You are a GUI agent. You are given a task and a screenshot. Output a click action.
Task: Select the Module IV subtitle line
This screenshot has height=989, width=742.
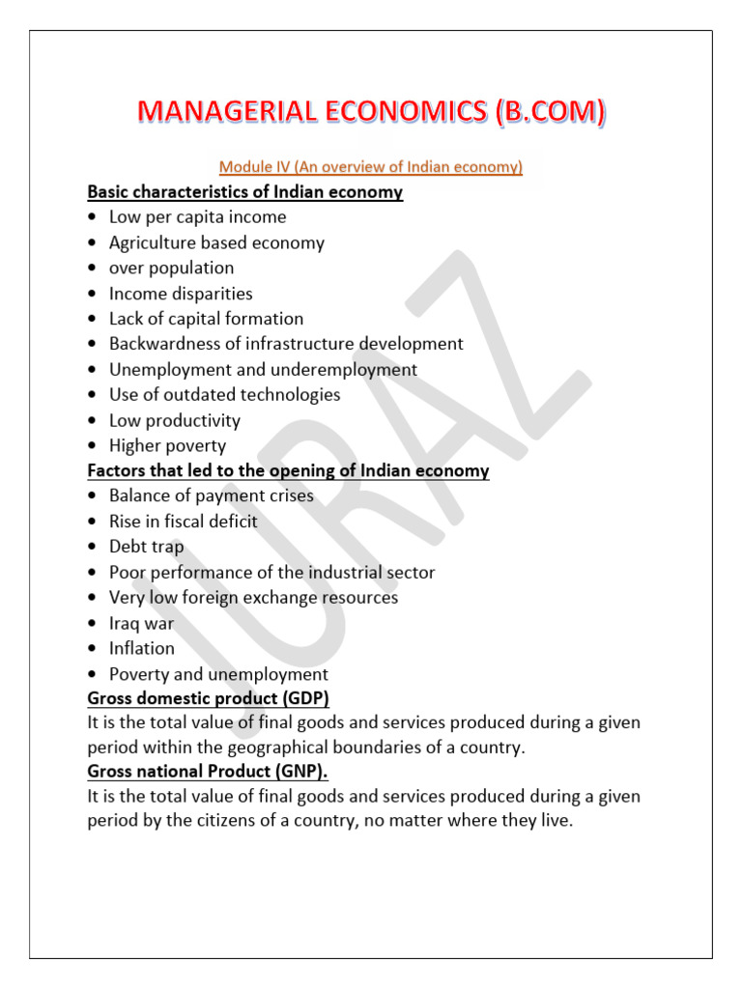[371, 167]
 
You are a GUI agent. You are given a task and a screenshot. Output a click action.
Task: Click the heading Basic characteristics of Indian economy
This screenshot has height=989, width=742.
[244, 192]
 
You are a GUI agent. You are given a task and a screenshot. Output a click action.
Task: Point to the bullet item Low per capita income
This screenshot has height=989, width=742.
[197, 217]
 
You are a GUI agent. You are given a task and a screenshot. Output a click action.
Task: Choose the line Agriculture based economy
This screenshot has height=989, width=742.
[216, 242]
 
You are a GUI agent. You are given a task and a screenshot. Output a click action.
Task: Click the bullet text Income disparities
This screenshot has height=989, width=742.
[181, 294]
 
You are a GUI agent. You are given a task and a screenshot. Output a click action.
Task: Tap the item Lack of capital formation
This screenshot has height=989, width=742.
[206, 319]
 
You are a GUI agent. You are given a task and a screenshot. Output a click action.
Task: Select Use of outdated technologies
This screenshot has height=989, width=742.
[224, 395]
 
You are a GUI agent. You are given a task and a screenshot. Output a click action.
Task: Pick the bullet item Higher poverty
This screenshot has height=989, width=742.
[167, 446]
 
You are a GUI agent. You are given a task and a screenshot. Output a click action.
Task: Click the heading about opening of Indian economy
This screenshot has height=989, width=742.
[288, 471]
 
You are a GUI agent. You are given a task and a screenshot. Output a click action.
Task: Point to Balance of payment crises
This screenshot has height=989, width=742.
[211, 496]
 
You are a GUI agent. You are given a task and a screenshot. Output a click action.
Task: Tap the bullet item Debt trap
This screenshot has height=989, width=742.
[146, 547]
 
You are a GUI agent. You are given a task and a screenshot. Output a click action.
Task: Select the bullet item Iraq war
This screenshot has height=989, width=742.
[141, 623]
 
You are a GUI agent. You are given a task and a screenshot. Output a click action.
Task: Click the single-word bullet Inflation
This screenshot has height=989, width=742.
[142, 648]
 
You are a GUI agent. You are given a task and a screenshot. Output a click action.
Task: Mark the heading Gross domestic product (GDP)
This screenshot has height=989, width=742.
[208, 698]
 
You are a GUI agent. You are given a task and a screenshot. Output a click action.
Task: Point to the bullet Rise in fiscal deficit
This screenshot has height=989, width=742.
[183, 522]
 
